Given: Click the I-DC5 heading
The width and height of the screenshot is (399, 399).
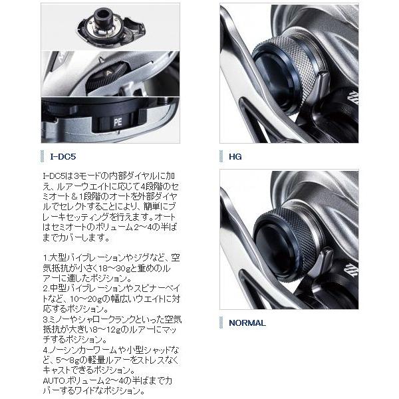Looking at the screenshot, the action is tap(63, 156).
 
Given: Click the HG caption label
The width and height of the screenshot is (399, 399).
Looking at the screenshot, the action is tap(235, 156).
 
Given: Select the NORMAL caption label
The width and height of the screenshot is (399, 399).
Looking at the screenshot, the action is tap(247, 323).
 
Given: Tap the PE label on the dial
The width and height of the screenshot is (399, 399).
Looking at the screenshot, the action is tap(118, 122).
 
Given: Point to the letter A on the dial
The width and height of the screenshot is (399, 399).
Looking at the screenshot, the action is tap(109, 73).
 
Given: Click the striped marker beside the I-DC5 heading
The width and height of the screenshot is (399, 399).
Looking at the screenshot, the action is tap(43, 156).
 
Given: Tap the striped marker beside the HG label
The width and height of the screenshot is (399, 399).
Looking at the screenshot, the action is tap(221, 156).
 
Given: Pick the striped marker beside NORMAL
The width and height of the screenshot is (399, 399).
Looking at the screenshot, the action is tap(221, 323).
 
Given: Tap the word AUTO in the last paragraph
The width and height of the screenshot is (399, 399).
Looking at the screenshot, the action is tap(52, 380).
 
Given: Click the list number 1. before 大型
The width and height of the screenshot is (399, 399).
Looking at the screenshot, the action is tap(46, 258).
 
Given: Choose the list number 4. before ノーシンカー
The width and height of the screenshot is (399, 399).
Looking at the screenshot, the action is tap(46, 350).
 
